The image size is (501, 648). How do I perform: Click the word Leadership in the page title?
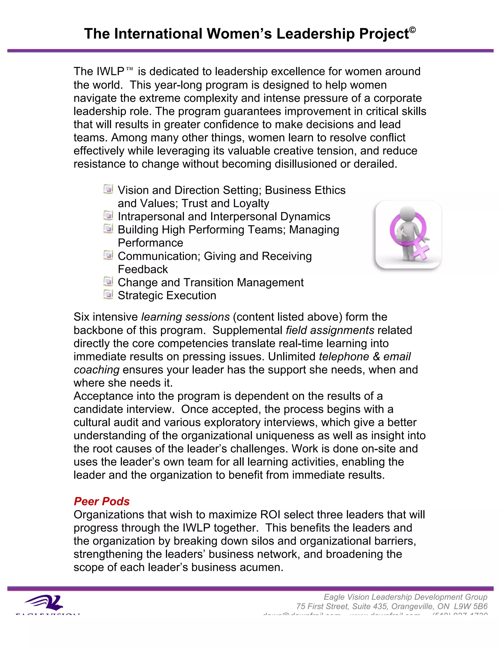tap(316, 34)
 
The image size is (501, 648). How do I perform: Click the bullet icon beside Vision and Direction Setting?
tap(108, 189)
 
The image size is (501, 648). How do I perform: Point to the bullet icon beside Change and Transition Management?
tap(108, 281)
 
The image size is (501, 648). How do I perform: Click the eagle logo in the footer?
tap(44, 603)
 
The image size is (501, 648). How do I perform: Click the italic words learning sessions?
tap(185, 317)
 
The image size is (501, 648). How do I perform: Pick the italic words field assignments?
tap(330, 330)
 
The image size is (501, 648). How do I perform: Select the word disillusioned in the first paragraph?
tap(305, 164)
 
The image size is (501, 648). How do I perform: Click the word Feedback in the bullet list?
tap(143, 269)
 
